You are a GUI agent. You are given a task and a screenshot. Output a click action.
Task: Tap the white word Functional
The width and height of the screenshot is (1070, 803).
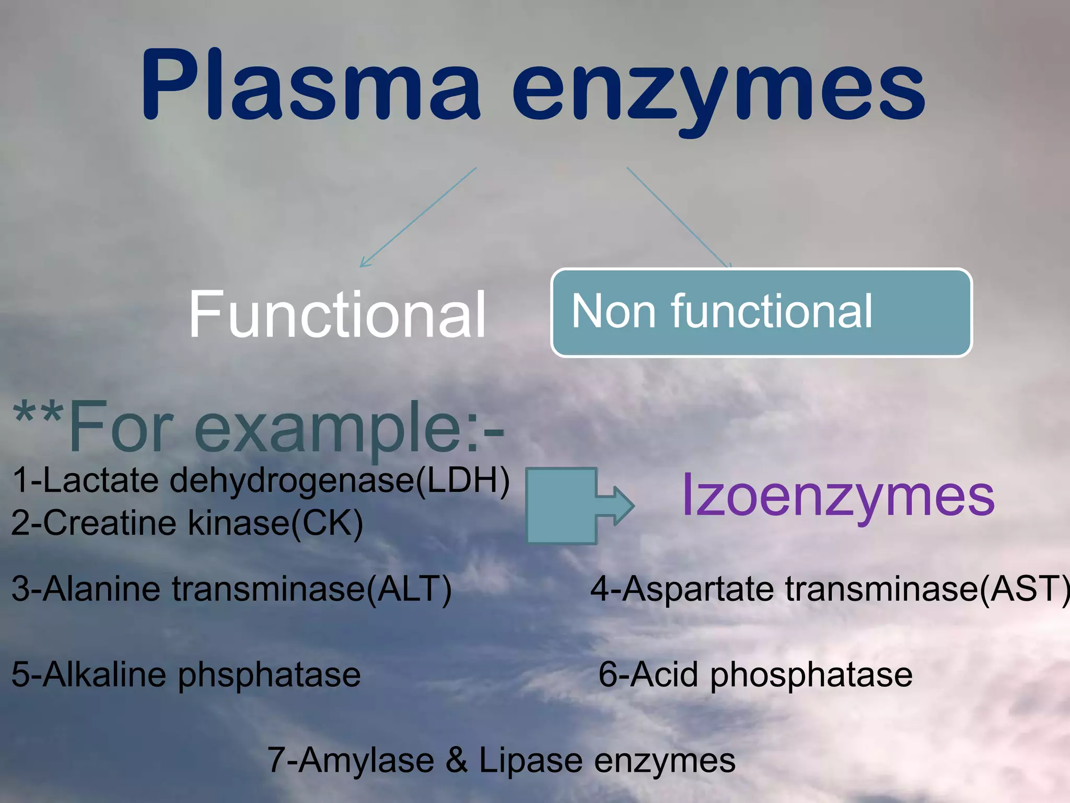pyautogui.click(x=338, y=315)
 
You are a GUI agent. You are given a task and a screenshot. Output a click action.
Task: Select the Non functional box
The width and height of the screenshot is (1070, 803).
pyautogui.click(x=761, y=313)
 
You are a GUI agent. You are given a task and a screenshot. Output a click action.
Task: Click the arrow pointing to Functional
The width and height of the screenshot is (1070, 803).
pyautogui.click(x=418, y=217)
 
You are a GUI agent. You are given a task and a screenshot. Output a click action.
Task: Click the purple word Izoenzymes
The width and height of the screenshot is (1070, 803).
pyautogui.click(x=838, y=496)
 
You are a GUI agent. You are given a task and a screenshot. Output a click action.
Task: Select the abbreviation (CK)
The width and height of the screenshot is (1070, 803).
pyautogui.click(x=326, y=523)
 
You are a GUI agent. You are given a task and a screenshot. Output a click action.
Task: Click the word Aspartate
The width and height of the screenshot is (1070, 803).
pyautogui.click(x=698, y=590)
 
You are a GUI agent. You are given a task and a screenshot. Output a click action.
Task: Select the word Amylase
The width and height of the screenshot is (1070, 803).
pyautogui.click(x=366, y=760)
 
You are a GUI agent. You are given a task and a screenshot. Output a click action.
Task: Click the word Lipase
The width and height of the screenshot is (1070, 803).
pyautogui.click(x=530, y=760)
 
